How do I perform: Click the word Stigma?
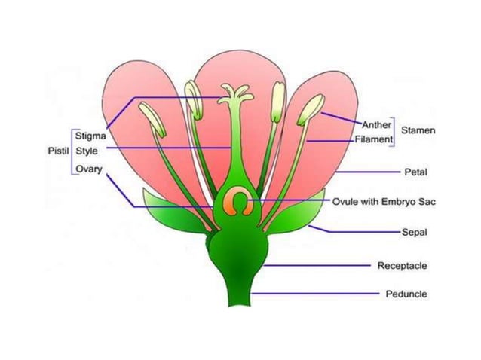click(90, 136)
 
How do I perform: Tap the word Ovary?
click(88, 169)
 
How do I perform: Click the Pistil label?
click(58, 151)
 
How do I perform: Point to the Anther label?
click(377, 124)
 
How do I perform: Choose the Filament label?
click(374, 139)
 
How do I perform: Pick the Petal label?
click(415, 172)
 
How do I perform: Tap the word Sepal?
click(414, 233)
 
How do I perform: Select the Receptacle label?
click(402, 266)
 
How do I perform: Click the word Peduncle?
click(406, 294)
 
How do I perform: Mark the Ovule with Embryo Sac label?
click(384, 202)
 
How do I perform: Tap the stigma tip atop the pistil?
click(234, 93)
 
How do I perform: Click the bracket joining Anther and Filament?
click(395, 131)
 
